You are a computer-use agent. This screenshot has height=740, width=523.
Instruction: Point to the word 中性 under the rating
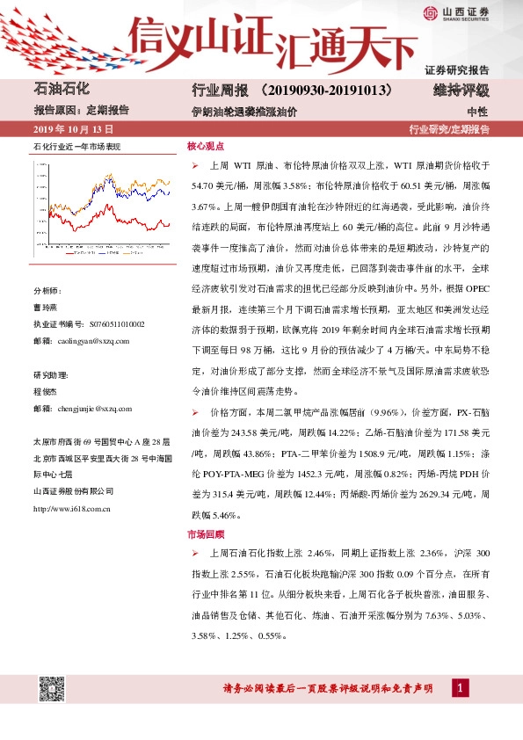pos(477,112)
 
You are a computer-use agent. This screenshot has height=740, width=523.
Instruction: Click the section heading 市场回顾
pos(205,533)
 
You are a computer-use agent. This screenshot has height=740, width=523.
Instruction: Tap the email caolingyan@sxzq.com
pos(90,340)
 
